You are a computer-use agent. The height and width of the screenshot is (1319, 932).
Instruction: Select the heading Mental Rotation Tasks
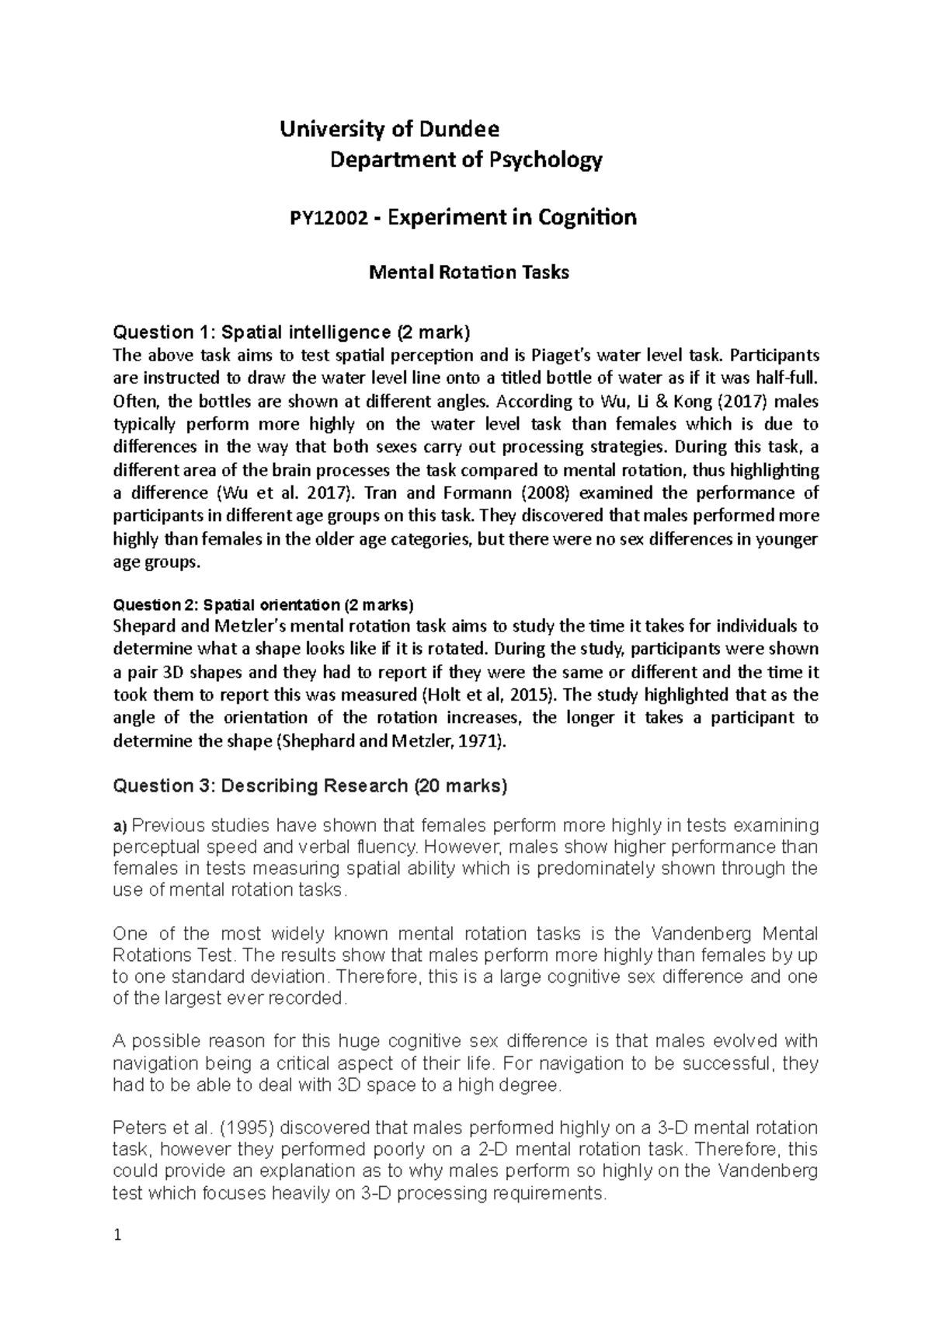468,273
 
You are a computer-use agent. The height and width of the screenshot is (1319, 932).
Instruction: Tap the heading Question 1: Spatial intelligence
291,332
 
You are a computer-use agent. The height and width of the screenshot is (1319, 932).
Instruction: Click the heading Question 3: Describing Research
310,786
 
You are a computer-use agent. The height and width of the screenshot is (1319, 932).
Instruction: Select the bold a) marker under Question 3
120,825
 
